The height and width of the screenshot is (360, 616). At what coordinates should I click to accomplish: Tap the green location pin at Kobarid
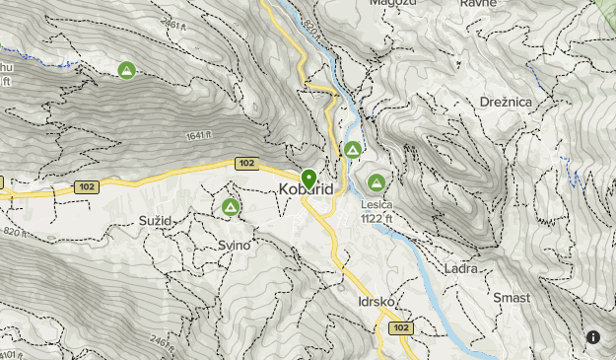pos(308,180)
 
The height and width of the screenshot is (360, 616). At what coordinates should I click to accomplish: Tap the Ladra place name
pos(461,268)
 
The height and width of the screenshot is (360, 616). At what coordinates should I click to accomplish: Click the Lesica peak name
pos(376,205)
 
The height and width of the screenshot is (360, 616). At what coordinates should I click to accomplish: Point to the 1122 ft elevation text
pos(377,219)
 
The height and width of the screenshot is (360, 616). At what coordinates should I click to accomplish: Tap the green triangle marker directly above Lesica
pos(376,182)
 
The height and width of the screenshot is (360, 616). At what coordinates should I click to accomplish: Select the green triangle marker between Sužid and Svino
pos(231,207)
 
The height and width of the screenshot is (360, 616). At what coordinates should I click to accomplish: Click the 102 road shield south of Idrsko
pos(399,326)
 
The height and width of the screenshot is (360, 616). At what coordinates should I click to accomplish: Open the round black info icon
pos(593,337)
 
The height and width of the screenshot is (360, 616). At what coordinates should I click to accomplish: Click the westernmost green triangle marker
pos(126,70)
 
